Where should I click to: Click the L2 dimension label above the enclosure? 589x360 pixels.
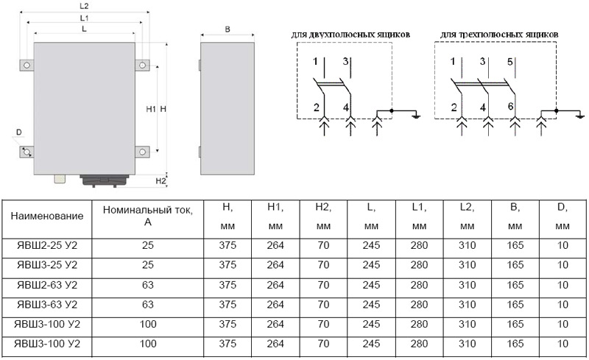[x=84, y=6]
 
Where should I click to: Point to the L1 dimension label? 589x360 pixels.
[x=84, y=18]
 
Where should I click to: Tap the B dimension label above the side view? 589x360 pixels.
[x=228, y=29]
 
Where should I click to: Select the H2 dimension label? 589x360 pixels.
[x=161, y=181]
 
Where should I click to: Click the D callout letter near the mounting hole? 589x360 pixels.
[x=19, y=133]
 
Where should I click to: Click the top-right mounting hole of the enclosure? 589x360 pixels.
[x=142, y=66]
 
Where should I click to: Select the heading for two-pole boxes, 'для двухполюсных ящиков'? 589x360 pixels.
[x=350, y=35]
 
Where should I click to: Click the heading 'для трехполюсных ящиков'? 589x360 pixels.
[x=499, y=35]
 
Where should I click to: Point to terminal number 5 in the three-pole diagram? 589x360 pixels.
[x=509, y=62]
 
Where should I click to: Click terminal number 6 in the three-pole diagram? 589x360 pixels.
[x=510, y=106]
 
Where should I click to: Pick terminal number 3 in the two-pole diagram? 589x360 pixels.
[x=345, y=61]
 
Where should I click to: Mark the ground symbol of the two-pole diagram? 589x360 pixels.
[x=416, y=115]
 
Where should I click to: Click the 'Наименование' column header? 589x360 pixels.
[x=47, y=216]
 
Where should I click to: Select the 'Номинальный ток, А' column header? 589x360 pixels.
[x=148, y=216]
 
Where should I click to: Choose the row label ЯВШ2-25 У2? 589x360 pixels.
[x=47, y=245]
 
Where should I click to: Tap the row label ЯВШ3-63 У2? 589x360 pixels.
[x=47, y=304]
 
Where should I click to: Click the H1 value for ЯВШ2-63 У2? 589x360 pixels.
[x=275, y=285]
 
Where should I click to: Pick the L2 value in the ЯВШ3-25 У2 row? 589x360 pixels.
[x=467, y=265]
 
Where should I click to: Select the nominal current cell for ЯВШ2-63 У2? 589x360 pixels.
[x=148, y=285]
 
